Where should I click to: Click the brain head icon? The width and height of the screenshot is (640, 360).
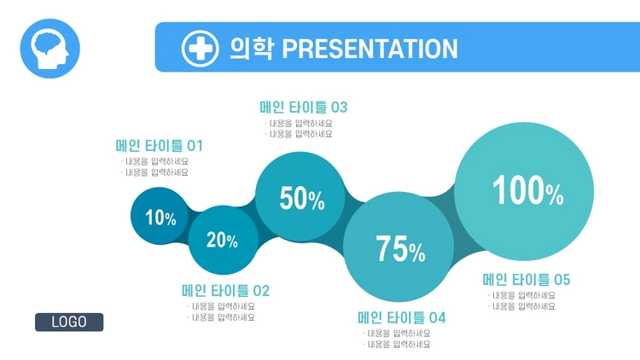coord(49,49)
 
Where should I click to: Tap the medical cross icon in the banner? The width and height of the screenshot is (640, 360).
coord(200,48)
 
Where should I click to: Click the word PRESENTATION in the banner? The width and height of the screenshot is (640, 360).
coord(369,49)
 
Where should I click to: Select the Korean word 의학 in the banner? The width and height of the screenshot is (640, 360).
coord(251,48)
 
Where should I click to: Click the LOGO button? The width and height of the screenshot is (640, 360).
coord(69,322)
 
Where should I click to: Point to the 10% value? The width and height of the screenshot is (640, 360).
coord(160,218)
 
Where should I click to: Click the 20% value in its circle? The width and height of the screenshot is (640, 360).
coord(222,240)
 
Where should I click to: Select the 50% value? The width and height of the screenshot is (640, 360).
coord(302,199)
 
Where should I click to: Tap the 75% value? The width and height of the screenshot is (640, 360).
coord(400,248)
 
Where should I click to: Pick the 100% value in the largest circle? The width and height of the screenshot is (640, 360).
coord(528,190)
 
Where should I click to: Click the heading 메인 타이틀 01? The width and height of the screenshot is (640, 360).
coord(160,146)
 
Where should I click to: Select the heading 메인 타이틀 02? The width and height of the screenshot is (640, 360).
coord(225,291)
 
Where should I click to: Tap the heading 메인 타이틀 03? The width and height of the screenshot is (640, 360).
coord(303,107)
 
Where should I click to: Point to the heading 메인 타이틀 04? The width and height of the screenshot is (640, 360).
coord(402,317)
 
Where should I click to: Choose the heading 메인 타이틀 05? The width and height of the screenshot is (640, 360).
coord(527,280)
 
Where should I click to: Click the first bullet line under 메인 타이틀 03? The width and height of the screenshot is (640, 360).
coord(299,123)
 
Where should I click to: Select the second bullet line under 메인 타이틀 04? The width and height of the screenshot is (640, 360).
coord(397,345)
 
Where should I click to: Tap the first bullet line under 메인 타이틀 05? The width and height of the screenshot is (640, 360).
coord(521,295)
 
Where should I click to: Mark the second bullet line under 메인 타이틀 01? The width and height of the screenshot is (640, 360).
coord(154,172)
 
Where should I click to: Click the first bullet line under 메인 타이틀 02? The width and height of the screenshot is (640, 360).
coord(221,306)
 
